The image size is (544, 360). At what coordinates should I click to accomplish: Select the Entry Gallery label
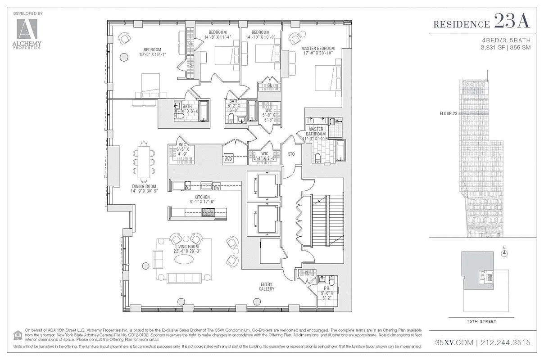coord(267,286)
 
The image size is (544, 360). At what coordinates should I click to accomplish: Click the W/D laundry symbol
coord(228,159)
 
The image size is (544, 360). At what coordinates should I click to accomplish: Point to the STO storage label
coord(291,154)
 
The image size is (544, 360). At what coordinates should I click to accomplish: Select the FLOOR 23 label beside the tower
coord(448,113)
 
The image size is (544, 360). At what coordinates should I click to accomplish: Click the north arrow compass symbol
coord(504,252)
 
